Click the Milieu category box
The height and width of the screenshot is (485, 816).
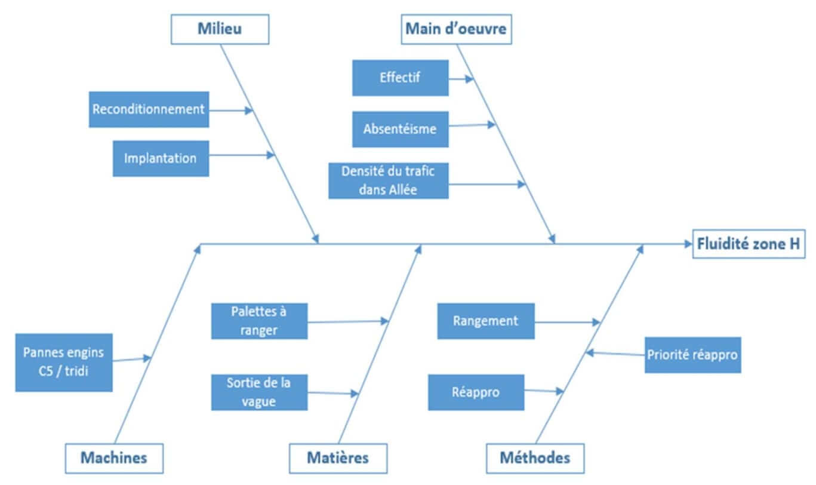click(220, 29)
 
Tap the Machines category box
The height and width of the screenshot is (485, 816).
click(113, 458)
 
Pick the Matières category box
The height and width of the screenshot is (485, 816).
click(338, 458)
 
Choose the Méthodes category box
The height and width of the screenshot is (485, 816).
click(535, 458)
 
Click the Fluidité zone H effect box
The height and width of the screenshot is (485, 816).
click(749, 244)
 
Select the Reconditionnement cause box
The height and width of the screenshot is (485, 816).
click(149, 109)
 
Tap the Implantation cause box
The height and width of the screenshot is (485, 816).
click(161, 158)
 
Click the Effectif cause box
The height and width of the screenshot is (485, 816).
click(400, 78)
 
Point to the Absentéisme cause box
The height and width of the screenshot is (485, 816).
click(400, 129)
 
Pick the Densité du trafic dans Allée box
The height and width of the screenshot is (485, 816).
click(388, 180)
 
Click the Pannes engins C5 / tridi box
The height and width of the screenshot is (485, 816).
click(63, 362)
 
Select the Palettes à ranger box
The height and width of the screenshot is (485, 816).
click(259, 321)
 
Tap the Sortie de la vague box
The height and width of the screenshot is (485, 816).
click(259, 392)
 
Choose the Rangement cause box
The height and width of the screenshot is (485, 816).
click(486, 321)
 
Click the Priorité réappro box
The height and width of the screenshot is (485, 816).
click(692, 355)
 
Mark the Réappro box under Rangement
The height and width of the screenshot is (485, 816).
click(476, 392)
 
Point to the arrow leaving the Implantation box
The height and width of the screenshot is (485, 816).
click(242, 155)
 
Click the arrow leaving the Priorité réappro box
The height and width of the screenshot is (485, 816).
click(615, 354)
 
